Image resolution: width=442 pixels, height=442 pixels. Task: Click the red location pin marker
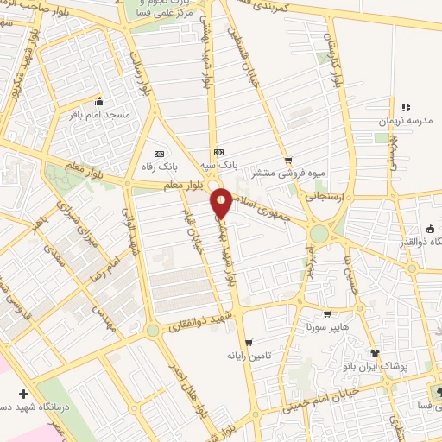(x=221, y=203)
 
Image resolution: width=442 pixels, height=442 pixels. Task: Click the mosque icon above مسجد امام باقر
(x=101, y=101)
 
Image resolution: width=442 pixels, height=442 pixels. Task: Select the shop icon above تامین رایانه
(x=249, y=343)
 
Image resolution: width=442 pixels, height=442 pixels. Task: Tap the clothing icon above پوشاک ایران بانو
(x=374, y=353)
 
